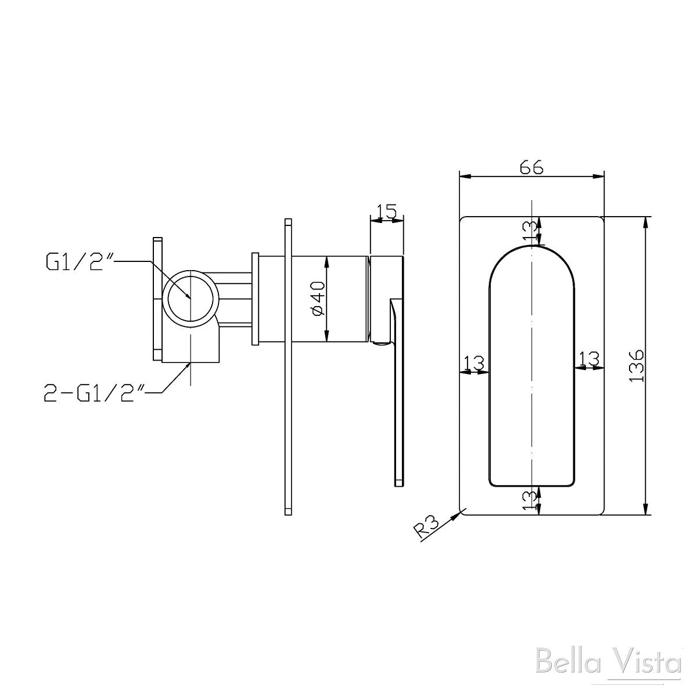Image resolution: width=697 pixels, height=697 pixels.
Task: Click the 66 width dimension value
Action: click(531, 167)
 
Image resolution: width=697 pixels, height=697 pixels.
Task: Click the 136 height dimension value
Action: click(637, 365)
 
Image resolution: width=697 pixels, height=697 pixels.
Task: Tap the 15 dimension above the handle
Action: click(386, 211)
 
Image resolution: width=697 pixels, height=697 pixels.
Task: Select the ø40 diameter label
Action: click(318, 300)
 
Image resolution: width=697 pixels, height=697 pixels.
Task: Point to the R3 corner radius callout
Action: click(426, 527)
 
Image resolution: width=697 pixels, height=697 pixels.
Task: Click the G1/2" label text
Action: click(79, 263)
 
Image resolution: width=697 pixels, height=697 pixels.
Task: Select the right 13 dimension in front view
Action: click(589, 359)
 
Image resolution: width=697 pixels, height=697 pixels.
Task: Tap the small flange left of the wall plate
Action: click(254, 299)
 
